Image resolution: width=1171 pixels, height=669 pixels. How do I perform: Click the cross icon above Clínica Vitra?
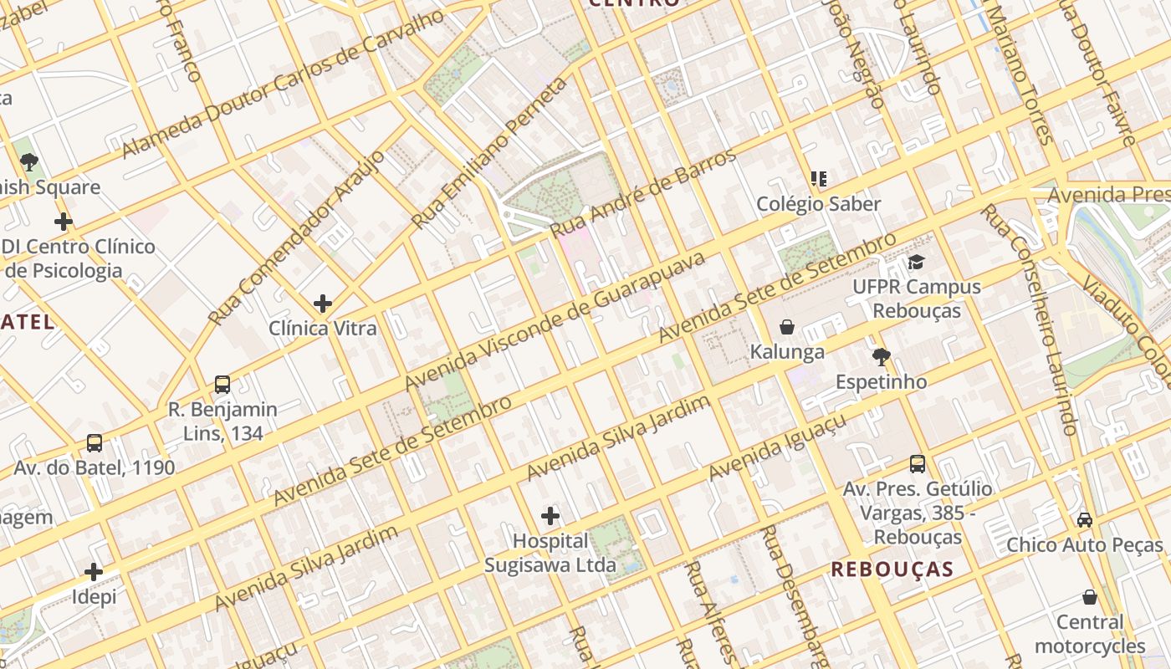click(x=323, y=304)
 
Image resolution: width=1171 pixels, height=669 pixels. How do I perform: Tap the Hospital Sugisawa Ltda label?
click(x=550, y=554)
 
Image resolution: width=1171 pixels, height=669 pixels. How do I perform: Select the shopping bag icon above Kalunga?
click(x=787, y=327)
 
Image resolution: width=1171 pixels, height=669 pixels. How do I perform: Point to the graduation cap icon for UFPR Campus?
click(x=917, y=263)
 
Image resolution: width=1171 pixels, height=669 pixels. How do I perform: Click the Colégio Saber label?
click(x=818, y=204)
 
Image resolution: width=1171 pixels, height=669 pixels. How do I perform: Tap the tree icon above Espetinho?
click(x=881, y=358)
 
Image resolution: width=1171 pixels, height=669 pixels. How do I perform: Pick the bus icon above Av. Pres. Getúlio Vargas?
click(x=918, y=464)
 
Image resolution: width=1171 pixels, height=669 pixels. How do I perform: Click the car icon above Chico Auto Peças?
click(x=1085, y=520)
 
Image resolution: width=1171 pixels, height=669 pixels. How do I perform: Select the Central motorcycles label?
click(x=1089, y=634)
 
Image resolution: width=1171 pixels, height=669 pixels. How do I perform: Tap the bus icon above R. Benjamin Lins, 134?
click(x=222, y=385)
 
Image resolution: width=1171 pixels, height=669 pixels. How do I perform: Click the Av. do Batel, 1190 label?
click(x=95, y=467)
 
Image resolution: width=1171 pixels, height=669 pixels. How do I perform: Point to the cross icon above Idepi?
click(x=94, y=572)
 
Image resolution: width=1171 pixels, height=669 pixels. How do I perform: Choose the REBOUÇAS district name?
click(x=892, y=569)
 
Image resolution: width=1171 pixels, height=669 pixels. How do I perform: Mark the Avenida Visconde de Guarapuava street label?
click(x=555, y=321)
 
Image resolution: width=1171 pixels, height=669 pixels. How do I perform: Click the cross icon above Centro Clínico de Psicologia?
click(x=63, y=222)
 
